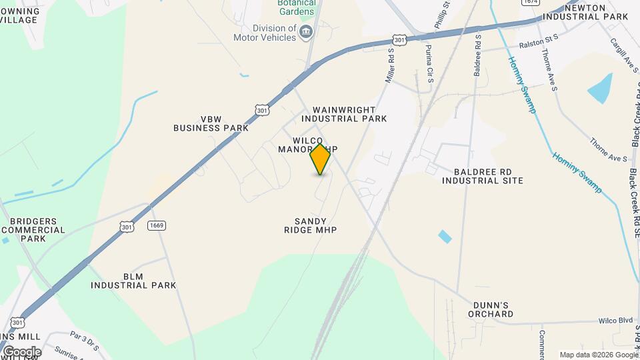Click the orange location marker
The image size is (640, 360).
(x=321, y=159)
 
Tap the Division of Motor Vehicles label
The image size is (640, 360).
(x=274, y=33)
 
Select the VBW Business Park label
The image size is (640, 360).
(x=206, y=123)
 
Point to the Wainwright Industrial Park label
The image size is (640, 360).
(x=344, y=114)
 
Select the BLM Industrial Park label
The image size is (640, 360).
(x=133, y=280)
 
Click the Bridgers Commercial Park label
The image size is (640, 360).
(x=33, y=230)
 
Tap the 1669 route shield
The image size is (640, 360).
(x=157, y=225)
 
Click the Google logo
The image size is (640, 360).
(x=21, y=352)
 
